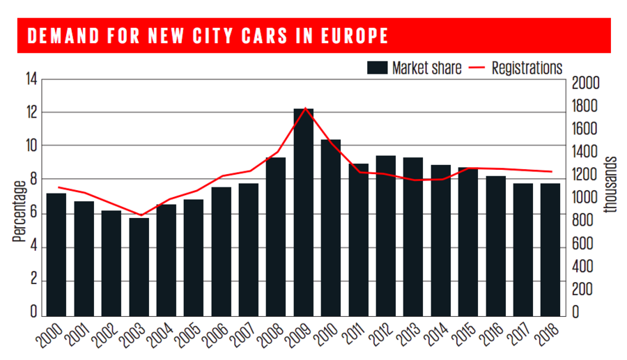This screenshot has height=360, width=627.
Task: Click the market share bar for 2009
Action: (304, 212)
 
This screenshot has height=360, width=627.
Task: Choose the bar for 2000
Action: (57, 254)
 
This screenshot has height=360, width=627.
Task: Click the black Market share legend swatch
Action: (377, 68)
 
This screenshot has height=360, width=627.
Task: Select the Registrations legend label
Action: (527, 68)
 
